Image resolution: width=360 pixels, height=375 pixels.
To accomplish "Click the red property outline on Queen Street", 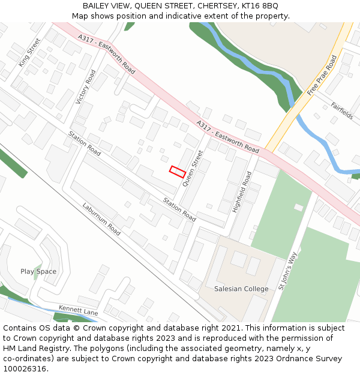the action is click(x=177, y=172).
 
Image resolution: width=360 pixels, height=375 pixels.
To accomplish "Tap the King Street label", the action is click(x=29, y=52).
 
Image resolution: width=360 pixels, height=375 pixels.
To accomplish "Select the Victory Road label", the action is click(x=86, y=88).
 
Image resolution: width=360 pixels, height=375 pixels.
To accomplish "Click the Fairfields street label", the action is click(x=342, y=110).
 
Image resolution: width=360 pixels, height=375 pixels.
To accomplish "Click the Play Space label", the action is click(x=38, y=271).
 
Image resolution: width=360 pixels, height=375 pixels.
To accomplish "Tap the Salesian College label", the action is click(x=241, y=289).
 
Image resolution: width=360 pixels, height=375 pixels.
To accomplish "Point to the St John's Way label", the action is click(x=288, y=271).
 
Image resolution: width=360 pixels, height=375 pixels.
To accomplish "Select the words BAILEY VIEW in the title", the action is click(x=107, y=6).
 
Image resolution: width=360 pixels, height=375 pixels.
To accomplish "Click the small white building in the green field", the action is click(x=299, y=207).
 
